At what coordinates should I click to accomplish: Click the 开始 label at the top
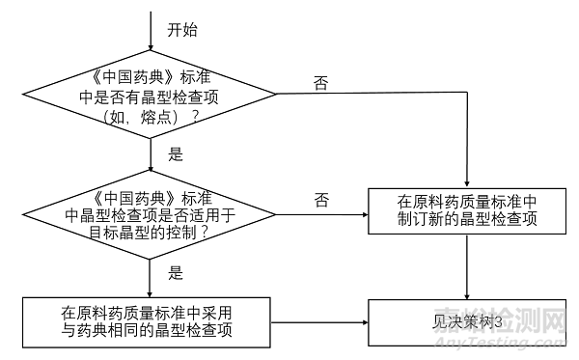coord(183,30)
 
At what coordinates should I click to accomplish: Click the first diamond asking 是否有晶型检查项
coord(152,93)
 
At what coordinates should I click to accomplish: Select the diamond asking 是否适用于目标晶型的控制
coord(152,213)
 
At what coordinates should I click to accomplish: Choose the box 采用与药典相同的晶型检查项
coord(152,321)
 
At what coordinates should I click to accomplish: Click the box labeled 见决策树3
coord(467,321)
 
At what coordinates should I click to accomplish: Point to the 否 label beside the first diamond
coord(320,83)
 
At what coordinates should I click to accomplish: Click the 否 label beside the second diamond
coord(320,201)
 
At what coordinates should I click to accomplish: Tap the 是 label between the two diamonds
coord(176,152)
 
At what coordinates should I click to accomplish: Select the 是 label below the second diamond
coord(176,273)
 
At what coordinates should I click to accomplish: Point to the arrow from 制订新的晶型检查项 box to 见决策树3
coord(467,266)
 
